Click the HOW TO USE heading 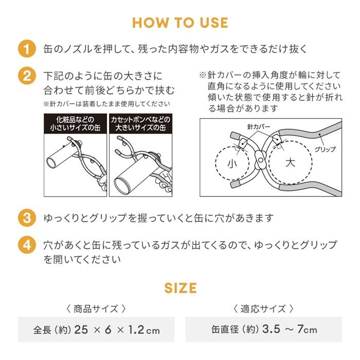click(x=180, y=23)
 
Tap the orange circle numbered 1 click(x=26, y=49)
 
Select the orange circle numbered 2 click(x=26, y=76)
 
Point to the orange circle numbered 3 click(x=26, y=218)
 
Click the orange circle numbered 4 click(x=26, y=245)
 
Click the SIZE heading click(x=180, y=287)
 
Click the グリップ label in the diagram click(x=325, y=149)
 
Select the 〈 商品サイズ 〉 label click(x=96, y=309)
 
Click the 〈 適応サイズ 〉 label click(x=264, y=309)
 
